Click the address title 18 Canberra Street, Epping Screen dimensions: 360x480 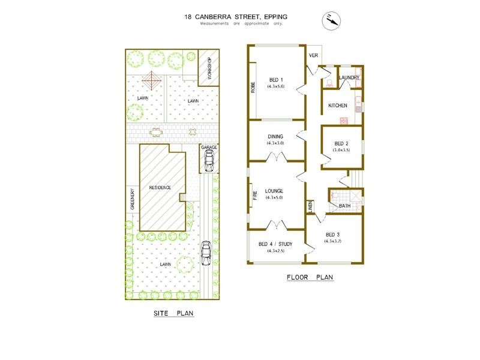point(236,17)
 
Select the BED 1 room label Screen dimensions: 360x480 point(276,80)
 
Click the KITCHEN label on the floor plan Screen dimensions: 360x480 point(338,106)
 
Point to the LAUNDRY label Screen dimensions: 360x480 point(349,77)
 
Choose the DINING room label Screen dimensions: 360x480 point(275,136)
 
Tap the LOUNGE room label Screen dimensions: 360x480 point(275,191)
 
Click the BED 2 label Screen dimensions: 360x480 point(341,143)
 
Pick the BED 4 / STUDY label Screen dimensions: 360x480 point(275,244)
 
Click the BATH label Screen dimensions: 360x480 point(344,206)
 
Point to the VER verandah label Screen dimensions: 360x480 point(313,55)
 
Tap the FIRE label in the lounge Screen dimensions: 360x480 point(254,195)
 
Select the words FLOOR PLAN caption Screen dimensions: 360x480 point(310,277)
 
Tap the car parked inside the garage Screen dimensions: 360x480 point(209,160)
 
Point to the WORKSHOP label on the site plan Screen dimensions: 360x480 point(209,68)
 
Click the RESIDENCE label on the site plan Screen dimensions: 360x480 point(160,187)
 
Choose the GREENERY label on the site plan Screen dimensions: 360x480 point(132,199)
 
